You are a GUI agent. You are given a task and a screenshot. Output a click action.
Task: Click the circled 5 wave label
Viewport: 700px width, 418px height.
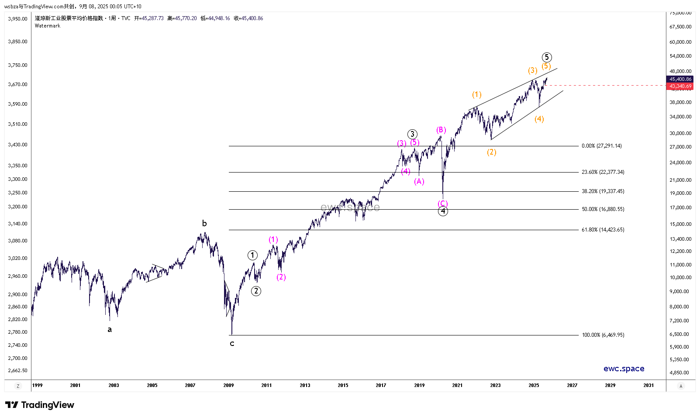[x=547, y=57]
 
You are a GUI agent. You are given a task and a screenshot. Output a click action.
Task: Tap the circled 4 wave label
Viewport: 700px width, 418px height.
[x=443, y=211]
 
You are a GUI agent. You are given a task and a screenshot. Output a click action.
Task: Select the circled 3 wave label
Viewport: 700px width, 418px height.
[x=412, y=134]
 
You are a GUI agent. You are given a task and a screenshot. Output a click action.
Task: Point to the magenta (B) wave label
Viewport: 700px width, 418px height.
[x=441, y=130]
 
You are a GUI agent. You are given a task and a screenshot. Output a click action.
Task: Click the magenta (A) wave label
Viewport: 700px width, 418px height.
[x=419, y=181]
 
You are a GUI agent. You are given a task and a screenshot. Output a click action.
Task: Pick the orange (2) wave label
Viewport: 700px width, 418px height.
[x=492, y=152]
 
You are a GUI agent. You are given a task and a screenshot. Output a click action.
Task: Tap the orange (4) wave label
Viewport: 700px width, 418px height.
[x=539, y=119]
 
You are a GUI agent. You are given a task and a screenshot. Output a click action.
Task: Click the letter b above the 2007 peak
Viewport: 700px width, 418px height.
[x=204, y=224]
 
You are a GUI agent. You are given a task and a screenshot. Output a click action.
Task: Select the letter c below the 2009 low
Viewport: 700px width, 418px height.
[x=232, y=344]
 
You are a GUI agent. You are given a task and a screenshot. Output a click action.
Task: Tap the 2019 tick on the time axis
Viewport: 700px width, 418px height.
[x=419, y=385]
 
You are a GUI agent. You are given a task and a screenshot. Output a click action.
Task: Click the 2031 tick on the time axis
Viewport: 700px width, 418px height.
[x=648, y=385]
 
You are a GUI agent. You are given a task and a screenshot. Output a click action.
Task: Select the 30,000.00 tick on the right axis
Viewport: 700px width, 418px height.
[x=680, y=133]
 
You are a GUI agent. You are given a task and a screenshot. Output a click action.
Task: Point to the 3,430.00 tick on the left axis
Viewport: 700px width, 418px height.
[x=17, y=145]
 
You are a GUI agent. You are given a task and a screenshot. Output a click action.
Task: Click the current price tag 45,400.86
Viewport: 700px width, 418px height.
[x=680, y=79]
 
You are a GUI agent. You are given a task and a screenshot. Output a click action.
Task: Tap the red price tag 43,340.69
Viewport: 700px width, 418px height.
[x=680, y=86]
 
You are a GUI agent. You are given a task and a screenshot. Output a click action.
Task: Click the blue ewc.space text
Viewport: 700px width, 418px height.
[x=624, y=369]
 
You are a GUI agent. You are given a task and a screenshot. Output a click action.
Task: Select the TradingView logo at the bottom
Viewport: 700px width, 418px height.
[x=40, y=405]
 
